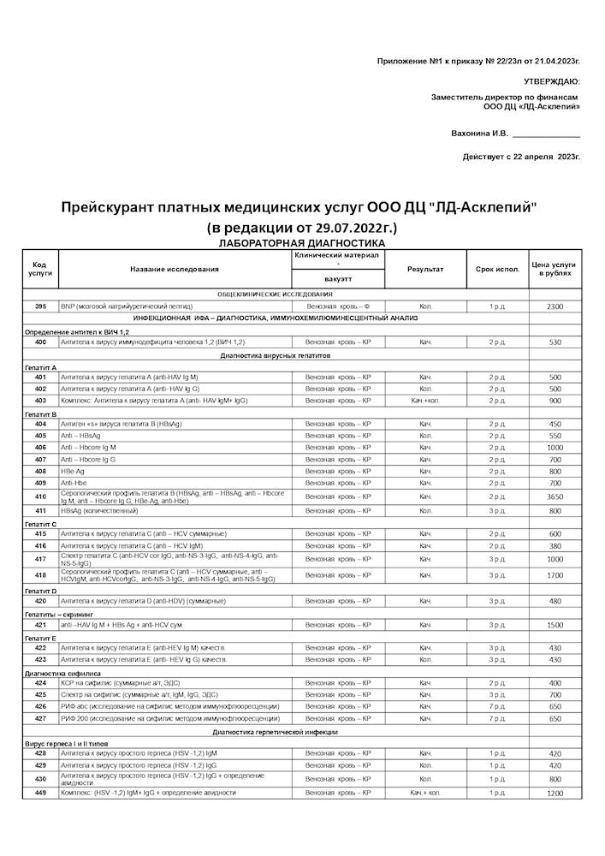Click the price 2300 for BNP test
(555, 306)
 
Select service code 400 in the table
(40, 342)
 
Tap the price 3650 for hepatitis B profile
(555, 496)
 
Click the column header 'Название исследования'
(175, 270)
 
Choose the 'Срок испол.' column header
(497, 270)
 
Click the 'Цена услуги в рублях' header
(555, 269)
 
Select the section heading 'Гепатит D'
(41, 591)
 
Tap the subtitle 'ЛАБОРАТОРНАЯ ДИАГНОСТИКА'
(302, 243)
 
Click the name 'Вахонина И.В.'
(479, 134)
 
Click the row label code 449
(40, 794)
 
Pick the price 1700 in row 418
(555, 575)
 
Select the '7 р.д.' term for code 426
(497, 707)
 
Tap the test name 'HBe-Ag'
(72, 472)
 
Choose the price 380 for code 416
(555, 545)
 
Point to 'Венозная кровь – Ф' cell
(339, 306)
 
